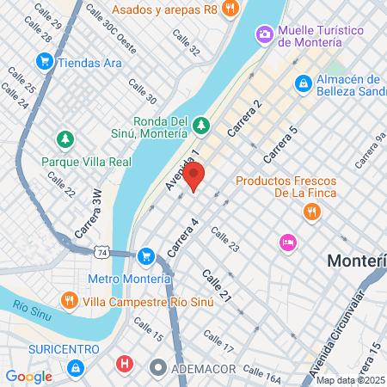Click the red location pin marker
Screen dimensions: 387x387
[x=194, y=177]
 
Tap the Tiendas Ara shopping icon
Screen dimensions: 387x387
[x=44, y=62]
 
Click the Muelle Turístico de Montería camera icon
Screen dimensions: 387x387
[x=265, y=34]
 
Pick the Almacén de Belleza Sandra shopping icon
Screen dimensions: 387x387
[x=303, y=83]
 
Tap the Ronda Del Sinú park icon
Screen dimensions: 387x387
[x=200, y=125]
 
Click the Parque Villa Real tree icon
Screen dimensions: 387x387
[x=64, y=138]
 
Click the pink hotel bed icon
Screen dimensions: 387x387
[x=287, y=243]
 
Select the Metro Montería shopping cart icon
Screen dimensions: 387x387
[x=146, y=255]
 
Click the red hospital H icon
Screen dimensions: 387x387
[x=126, y=365]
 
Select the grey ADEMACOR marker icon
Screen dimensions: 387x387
[x=157, y=367]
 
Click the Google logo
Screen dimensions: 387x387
[x=28, y=376]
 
